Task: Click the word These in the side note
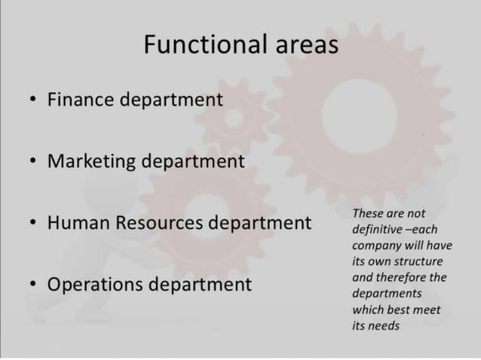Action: [368, 213]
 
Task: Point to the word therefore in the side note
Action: [407, 276]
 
